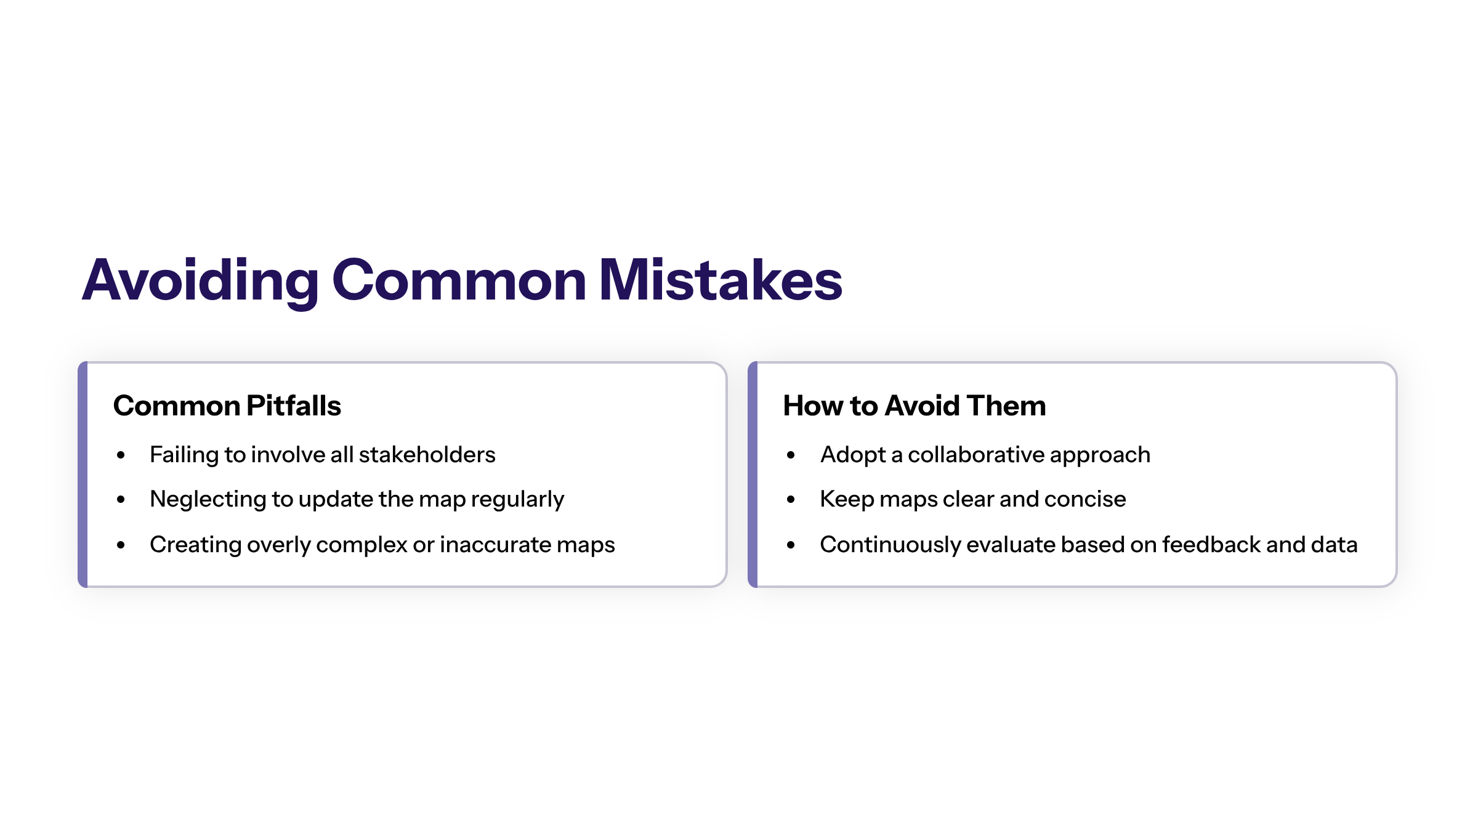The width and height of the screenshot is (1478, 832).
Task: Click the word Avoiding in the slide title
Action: click(x=201, y=281)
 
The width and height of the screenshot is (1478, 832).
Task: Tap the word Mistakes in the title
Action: click(x=721, y=280)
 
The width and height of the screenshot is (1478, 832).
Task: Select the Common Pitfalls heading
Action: click(x=227, y=406)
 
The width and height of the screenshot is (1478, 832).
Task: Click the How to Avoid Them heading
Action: click(x=915, y=406)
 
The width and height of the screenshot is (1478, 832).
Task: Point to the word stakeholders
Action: click(x=427, y=455)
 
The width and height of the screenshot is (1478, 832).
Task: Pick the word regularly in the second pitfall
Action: click(x=517, y=500)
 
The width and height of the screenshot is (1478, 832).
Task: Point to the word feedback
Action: click(x=1211, y=545)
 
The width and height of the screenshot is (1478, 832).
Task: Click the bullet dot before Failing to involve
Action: click(x=121, y=455)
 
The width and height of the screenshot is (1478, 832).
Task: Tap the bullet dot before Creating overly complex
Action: click(x=121, y=545)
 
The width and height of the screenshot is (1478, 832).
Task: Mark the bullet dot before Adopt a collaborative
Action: click(x=791, y=455)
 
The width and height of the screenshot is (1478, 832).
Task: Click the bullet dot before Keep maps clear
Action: click(x=791, y=500)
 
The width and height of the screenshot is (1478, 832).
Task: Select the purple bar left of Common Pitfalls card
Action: click(x=83, y=475)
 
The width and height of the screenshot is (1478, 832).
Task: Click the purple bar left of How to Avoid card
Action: click(x=753, y=475)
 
